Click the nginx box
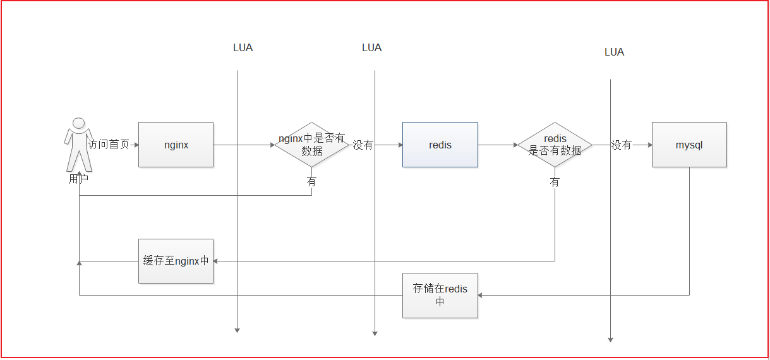(176, 145)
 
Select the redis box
(440, 145)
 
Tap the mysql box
(689, 145)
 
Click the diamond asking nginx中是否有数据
(311, 145)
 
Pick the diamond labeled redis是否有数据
(555, 145)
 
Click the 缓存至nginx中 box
(176, 261)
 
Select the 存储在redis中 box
(440, 295)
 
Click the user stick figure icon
(78, 144)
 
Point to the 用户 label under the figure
(78, 179)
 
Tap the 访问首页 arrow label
(109, 145)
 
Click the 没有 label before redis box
(363, 145)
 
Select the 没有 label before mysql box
(622, 145)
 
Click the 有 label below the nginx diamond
(311, 181)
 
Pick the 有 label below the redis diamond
(555, 182)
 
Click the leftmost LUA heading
(243, 47)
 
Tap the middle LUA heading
(371, 47)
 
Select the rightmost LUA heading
(614, 52)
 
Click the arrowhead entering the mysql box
(649, 145)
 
